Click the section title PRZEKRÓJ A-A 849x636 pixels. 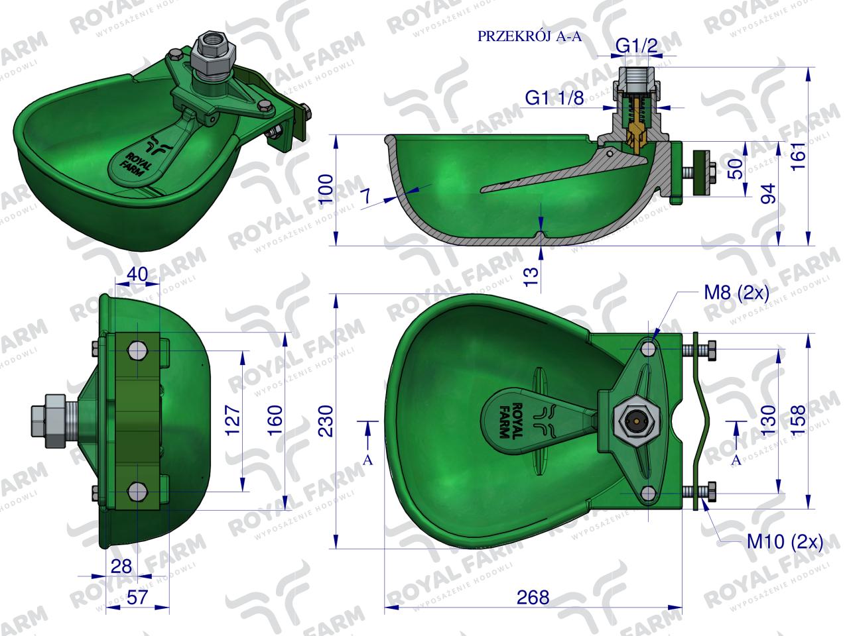529,36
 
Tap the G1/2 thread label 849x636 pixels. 636,46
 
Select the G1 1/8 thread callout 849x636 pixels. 555,98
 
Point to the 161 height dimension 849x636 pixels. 797,156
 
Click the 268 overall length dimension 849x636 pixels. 533,597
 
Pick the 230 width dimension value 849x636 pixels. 326,421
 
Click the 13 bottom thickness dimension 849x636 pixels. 532,276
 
